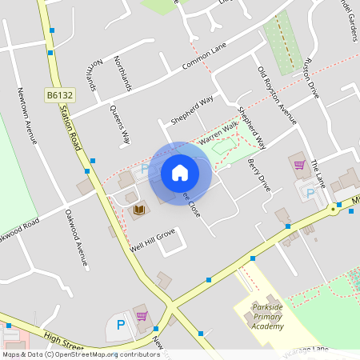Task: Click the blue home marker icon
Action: pyautogui.click(x=180, y=173)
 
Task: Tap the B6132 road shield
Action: pyautogui.click(x=60, y=94)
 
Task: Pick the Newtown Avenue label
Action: pyautogui.click(x=27, y=119)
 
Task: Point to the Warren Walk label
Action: pyautogui.click(x=218, y=132)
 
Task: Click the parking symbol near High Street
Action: pyautogui.click(x=121, y=325)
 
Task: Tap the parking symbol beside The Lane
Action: pyautogui.click(x=309, y=193)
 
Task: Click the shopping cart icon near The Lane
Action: pyautogui.click(x=299, y=165)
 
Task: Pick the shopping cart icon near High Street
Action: pyautogui.click(x=142, y=316)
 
